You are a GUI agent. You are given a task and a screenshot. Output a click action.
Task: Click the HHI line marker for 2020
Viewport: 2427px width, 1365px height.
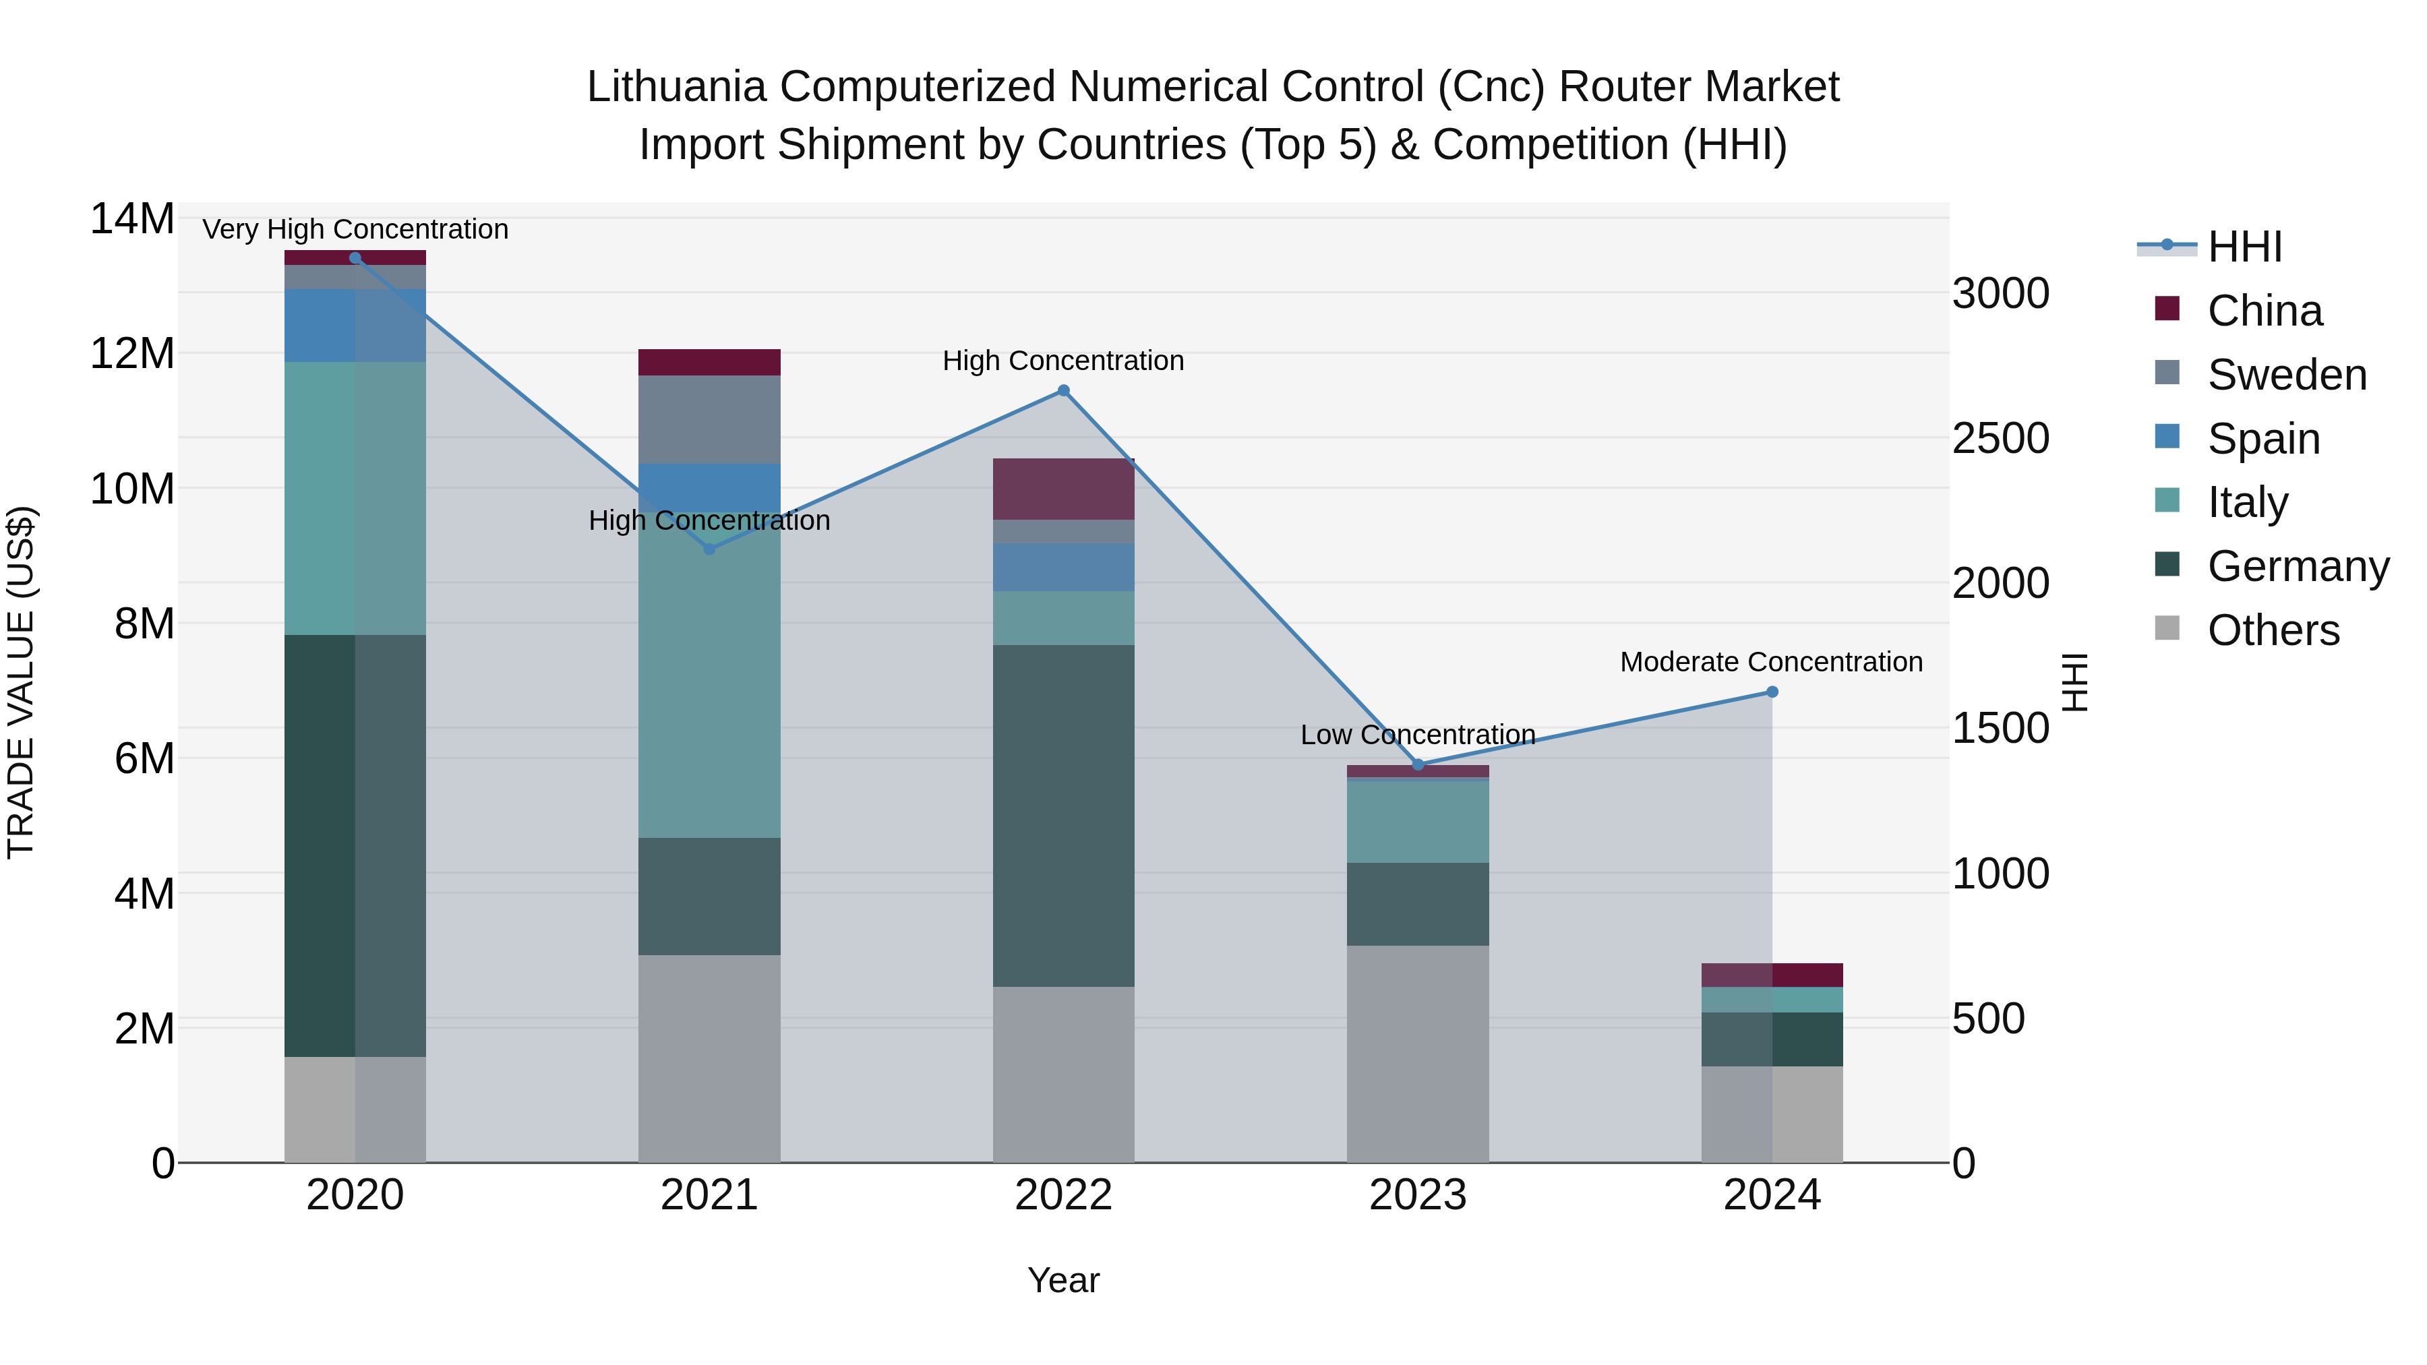coord(355,258)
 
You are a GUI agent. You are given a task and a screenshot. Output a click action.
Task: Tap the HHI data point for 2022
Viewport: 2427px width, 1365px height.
coord(1064,391)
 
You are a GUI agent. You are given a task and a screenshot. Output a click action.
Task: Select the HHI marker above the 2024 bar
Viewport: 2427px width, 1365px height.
coord(1772,692)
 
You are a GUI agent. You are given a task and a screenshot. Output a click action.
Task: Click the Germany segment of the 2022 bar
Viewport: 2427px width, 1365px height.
coord(1064,816)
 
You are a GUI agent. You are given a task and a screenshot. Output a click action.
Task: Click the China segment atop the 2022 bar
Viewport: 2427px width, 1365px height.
coord(1064,489)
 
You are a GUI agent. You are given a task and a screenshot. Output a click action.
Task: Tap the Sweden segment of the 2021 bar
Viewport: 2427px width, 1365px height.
coord(709,419)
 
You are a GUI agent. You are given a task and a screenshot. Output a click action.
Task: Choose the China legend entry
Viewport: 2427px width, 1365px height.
coord(2264,311)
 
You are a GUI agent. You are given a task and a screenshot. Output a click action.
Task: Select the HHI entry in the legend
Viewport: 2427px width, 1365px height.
coord(2244,247)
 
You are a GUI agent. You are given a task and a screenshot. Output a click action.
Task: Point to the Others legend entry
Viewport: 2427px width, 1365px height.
coord(2273,630)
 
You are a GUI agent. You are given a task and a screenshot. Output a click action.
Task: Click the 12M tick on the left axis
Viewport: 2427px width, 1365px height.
coord(132,354)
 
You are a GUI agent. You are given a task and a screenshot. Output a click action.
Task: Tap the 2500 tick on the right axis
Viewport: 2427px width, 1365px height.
coord(2000,439)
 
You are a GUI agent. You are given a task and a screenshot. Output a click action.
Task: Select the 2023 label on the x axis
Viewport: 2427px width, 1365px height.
coord(1418,1195)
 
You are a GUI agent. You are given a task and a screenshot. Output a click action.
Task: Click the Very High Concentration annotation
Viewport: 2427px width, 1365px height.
coord(355,229)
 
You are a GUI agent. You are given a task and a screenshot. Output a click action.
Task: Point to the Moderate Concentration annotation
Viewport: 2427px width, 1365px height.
coord(1771,662)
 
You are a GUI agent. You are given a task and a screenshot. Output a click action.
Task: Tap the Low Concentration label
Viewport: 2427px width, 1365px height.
coord(1418,735)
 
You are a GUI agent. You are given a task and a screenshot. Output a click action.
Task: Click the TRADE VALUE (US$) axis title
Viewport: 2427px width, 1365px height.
coord(21,682)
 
